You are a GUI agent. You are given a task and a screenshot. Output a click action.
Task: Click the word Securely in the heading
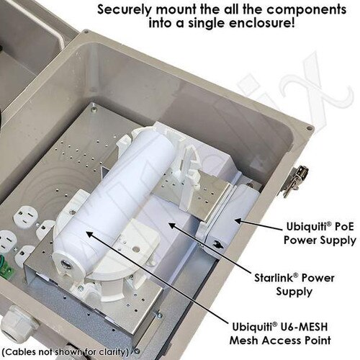pyautogui.click(x=125, y=10)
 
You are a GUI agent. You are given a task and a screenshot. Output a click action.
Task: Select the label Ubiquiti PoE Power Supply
pyautogui.click(x=320, y=233)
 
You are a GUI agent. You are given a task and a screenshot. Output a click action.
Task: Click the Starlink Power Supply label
pyautogui.click(x=294, y=284)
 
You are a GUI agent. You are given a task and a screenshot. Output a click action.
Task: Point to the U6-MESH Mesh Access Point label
pyautogui.click(x=280, y=333)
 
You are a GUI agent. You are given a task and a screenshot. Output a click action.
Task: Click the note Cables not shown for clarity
pyautogui.click(x=67, y=352)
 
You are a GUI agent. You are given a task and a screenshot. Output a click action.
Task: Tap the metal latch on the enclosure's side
pyautogui.click(x=294, y=181)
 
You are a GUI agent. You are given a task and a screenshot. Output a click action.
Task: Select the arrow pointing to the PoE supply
pyautogui.click(x=258, y=224)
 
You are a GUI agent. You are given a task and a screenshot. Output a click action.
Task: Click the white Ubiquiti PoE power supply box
pyautogui.click(x=228, y=218)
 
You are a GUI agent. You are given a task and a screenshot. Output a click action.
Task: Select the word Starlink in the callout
pyautogui.click(x=274, y=278)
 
